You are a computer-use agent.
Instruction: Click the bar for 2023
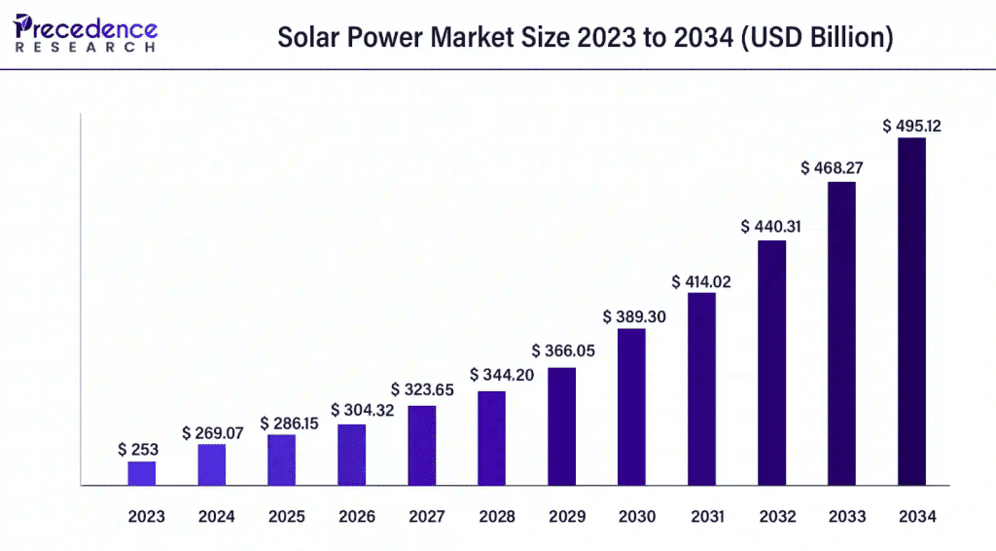pos(142,473)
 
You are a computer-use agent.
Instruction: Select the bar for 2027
pos(422,445)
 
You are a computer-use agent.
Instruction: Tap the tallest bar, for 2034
pos(911,311)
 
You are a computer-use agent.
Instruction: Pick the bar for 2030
pos(631,406)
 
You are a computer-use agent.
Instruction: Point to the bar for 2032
pos(771,362)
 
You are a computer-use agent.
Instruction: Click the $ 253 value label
pos(138,450)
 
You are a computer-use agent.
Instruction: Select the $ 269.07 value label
pos(212,432)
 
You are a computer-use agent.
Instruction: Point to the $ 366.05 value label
pos(561,350)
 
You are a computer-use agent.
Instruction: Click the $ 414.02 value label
pos(702,282)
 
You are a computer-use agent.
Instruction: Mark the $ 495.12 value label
pos(911,126)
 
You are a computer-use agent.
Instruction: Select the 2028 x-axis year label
pos(496,517)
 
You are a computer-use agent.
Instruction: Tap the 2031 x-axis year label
pos(706,517)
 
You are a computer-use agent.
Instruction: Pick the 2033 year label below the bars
pos(846,517)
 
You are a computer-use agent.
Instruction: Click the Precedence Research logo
pos(86,34)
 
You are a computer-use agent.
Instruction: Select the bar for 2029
pos(561,425)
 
